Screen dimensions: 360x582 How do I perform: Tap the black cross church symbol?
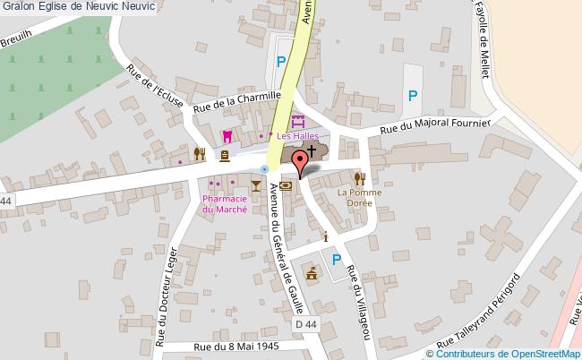(312, 149)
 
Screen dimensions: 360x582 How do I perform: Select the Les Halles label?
(296, 136)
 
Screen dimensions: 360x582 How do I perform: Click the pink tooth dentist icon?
(227, 136)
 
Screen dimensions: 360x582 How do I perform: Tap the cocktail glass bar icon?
(256, 184)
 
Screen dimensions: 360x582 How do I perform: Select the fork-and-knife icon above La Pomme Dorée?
(360, 178)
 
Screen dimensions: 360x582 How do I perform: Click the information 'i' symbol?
(325, 236)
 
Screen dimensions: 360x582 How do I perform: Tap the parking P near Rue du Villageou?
(337, 260)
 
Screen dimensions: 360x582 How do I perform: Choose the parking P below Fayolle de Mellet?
(412, 95)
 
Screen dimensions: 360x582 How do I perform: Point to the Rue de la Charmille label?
(237, 100)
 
